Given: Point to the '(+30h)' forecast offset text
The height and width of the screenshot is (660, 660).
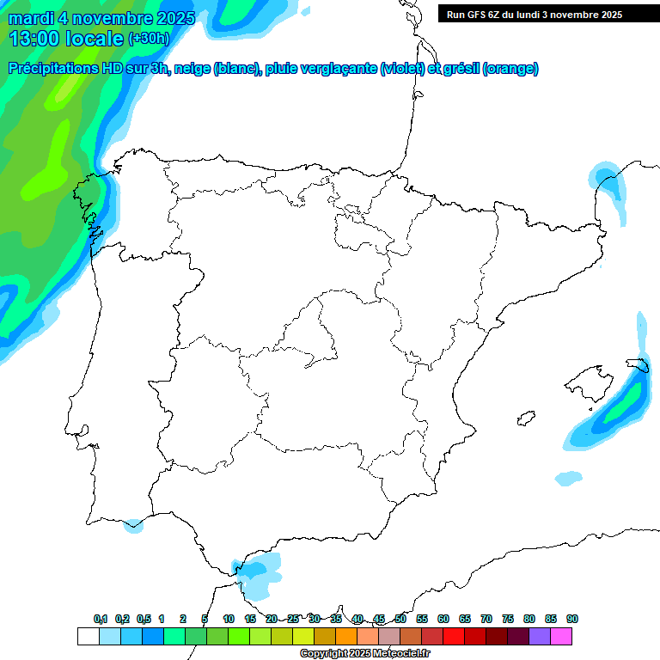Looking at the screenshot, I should point(149,39).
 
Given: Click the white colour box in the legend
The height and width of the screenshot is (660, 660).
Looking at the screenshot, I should point(88,637).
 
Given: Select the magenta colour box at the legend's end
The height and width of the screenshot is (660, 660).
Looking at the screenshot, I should point(561,637).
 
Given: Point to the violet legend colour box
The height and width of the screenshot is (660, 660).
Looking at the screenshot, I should point(540,637).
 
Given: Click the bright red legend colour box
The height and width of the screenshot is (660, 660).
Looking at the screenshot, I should point(454,637).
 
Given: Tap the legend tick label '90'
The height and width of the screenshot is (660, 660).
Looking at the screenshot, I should point(572,619).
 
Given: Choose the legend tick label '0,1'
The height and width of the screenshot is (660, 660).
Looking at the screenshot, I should point(100,619).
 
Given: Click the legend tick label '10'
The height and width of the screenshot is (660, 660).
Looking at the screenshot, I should point(229,619).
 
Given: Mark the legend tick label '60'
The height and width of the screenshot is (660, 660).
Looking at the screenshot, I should point(443,619).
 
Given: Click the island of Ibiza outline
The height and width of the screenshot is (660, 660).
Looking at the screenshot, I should point(525,419).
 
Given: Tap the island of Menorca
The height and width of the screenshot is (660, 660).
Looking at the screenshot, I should point(638,364).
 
